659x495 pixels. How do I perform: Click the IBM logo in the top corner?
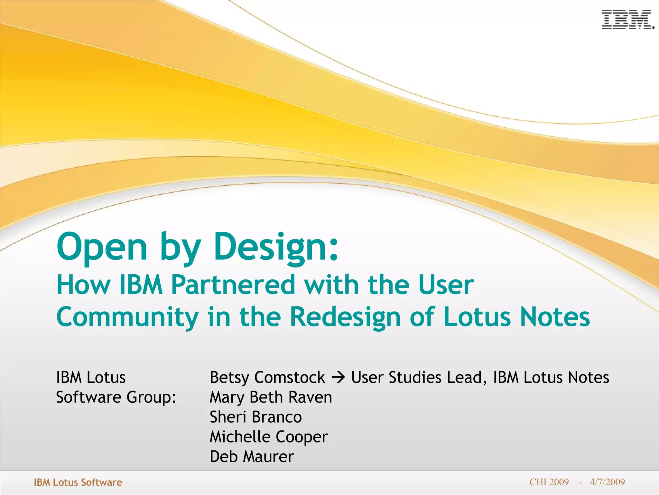[x=627, y=20]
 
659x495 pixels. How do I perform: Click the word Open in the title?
[x=102, y=247]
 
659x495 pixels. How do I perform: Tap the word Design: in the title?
[x=276, y=247]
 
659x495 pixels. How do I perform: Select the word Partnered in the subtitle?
[x=233, y=285]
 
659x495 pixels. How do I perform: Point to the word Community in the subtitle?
[x=127, y=317]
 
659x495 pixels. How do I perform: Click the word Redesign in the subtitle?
[x=345, y=317]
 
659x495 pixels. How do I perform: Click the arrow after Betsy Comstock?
[x=338, y=377]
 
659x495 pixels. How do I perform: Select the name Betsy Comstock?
[x=267, y=377]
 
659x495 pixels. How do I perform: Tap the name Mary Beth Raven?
[x=271, y=397]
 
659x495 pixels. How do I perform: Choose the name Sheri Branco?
[x=256, y=417]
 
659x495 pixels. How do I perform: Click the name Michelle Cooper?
[x=269, y=437]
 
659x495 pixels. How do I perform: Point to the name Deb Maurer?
[x=252, y=457]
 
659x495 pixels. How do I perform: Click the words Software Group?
[x=116, y=397]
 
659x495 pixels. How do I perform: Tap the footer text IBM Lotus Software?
[x=78, y=482]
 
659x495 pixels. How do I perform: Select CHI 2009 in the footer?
[x=549, y=482]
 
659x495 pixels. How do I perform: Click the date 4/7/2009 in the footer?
[x=607, y=482]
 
